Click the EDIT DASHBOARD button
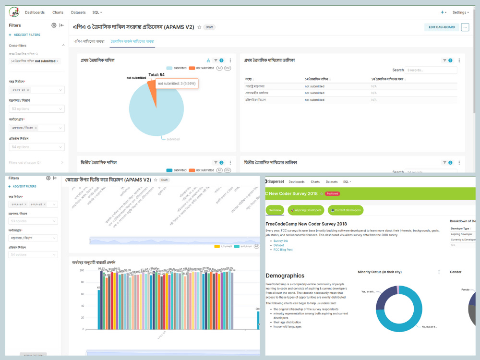(442, 27)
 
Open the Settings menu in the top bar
(460, 12)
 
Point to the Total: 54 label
(156, 75)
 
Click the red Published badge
(332, 193)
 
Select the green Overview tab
(275, 210)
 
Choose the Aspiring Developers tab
(306, 210)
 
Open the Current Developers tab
(346, 210)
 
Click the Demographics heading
(285, 276)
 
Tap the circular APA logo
(14, 12)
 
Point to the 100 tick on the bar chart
(81, 271)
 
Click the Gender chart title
(456, 272)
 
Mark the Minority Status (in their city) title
(381, 272)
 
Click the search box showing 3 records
(431, 70)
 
